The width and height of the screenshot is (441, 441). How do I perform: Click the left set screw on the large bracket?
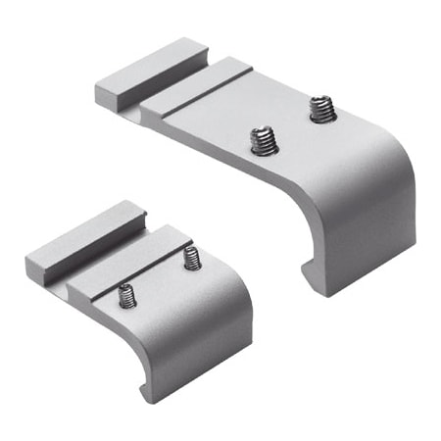262,142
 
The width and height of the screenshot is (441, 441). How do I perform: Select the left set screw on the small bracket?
125,294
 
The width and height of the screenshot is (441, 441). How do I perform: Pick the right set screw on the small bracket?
191,259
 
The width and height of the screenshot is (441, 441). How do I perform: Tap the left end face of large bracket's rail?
108,95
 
